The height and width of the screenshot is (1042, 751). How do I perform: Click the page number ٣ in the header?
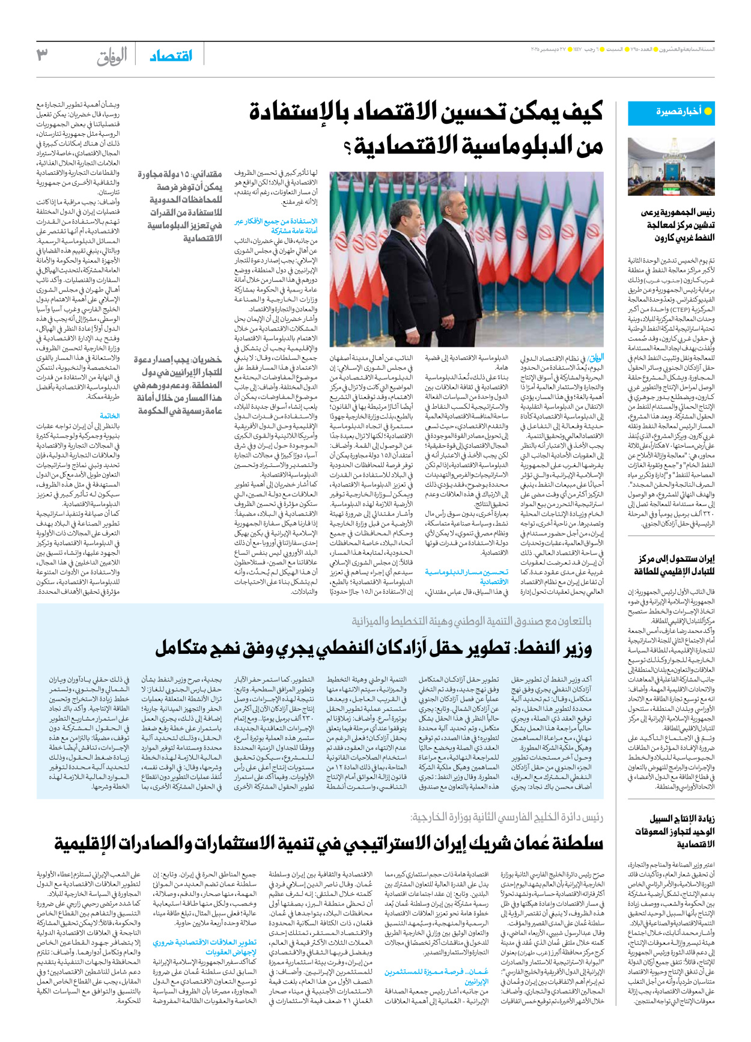tap(42, 55)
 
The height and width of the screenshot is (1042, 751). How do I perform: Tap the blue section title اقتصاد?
tap(171, 55)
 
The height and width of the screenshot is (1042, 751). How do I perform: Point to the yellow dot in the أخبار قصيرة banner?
tap(708, 111)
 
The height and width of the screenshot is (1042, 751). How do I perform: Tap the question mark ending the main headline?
tap(348, 146)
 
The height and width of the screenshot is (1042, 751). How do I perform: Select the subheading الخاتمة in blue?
tap(110, 416)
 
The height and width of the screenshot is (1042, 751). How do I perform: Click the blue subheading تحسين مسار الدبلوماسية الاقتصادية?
tap(466, 576)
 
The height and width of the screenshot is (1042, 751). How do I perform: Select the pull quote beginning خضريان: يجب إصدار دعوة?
tap(178, 385)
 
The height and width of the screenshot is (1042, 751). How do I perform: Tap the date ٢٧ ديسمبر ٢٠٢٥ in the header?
tap(553, 49)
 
